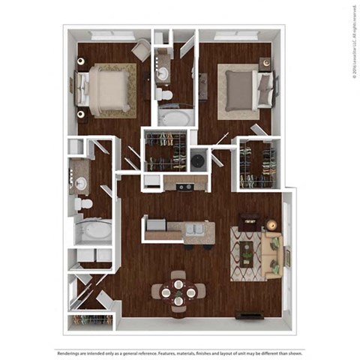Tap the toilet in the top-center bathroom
(x=164, y=95)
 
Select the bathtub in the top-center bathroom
(x=175, y=118)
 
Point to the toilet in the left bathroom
(x=85, y=203)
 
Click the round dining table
(x=178, y=291)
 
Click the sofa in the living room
(x=273, y=253)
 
